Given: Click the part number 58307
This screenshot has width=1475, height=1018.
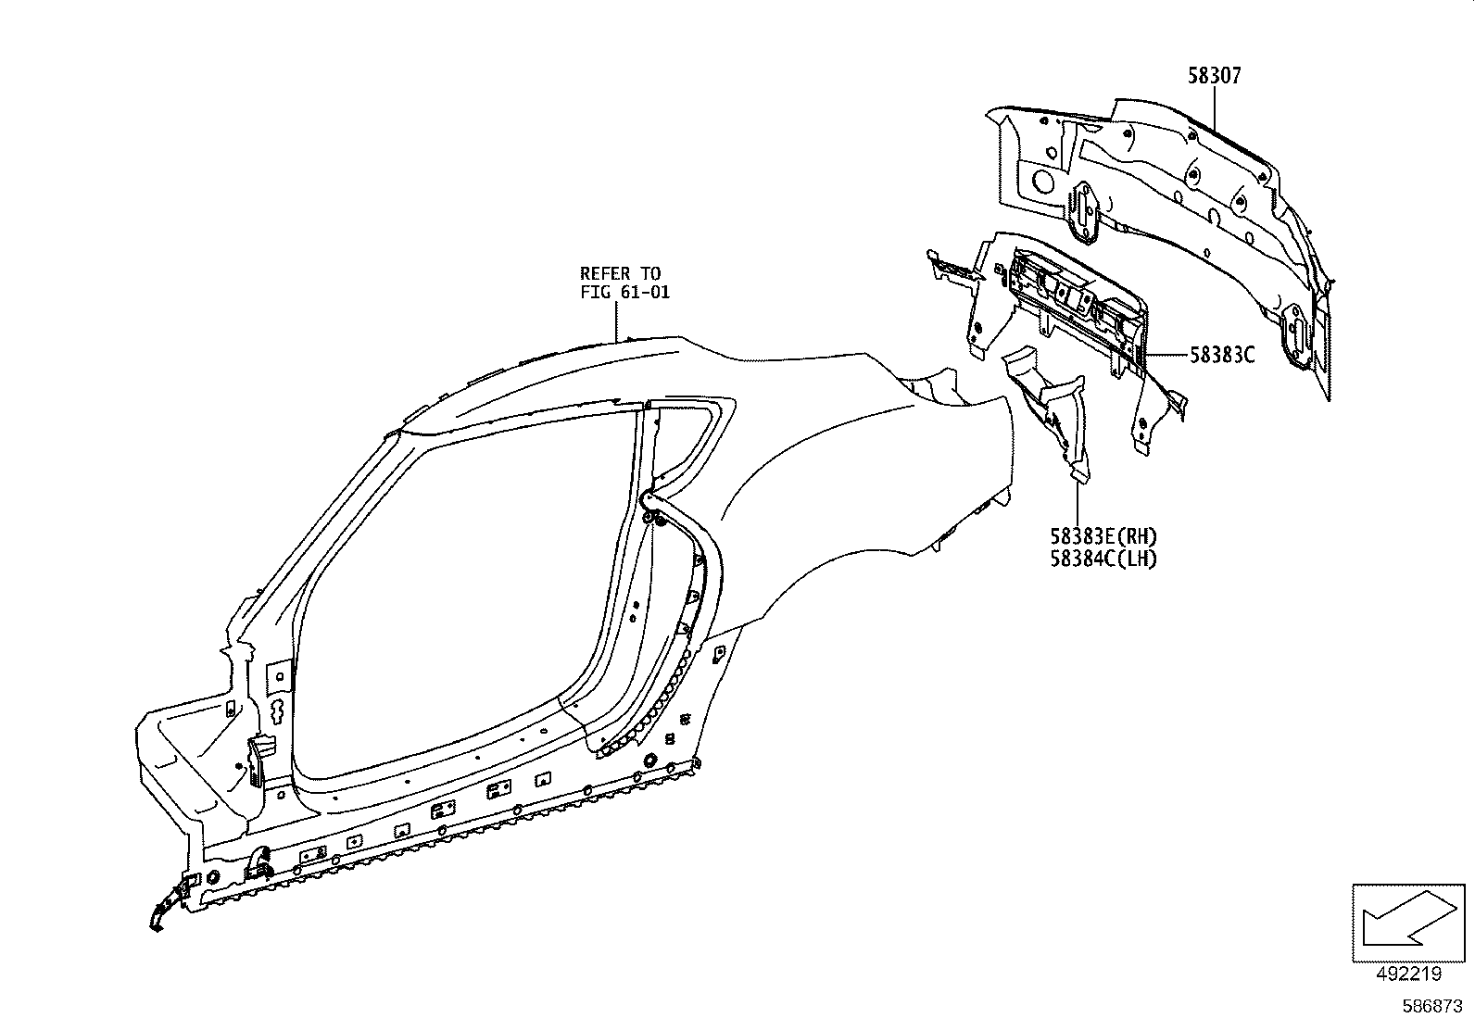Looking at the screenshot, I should pyautogui.click(x=1214, y=76).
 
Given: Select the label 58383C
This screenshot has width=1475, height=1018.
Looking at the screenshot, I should pyautogui.click(x=1222, y=354).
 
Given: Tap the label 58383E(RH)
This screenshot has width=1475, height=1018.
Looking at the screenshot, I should pyautogui.click(x=1103, y=536).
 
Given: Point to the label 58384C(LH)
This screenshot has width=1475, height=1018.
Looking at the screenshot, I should pyautogui.click(x=1103, y=559).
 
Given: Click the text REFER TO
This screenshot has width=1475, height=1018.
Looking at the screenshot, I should pyautogui.click(x=620, y=273).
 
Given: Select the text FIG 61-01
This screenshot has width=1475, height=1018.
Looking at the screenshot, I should pyautogui.click(x=624, y=292).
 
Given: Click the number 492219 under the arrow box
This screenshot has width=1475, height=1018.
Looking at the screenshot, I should pyautogui.click(x=1409, y=974).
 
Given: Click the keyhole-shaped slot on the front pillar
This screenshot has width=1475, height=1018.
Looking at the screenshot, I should pyautogui.click(x=276, y=710).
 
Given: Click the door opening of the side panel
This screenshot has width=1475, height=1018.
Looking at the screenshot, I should pyautogui.click(x=463, y=593).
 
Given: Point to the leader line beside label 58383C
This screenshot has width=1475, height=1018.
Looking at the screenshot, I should pyautogui.click(x=1166, y=355).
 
